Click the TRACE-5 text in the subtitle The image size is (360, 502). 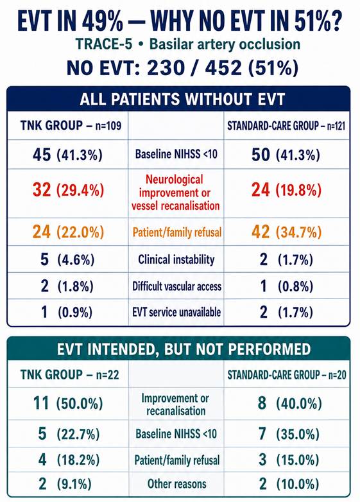(104, 44)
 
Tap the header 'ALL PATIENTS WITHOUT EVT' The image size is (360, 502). (182, 100)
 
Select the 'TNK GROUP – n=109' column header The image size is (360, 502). (71, 126)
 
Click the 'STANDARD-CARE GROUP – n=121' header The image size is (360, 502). (286, 126)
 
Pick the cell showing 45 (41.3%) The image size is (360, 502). (67, 155)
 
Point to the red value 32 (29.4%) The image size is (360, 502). (68, 190)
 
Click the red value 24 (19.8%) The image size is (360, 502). (286, 190)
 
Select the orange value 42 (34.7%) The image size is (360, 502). (286, 232)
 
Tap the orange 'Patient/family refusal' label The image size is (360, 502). (177, 232)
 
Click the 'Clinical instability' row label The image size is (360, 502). (176, 259)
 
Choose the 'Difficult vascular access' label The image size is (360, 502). (177, 286)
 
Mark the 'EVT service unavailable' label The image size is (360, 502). (176, 312)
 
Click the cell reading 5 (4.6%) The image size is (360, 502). (67, 259)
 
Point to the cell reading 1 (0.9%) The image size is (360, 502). (67, 312)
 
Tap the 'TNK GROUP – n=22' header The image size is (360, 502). (70, 374)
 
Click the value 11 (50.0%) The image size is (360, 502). (68, 403)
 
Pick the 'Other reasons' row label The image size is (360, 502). (176, 483)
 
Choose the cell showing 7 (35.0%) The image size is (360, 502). (289, 434)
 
